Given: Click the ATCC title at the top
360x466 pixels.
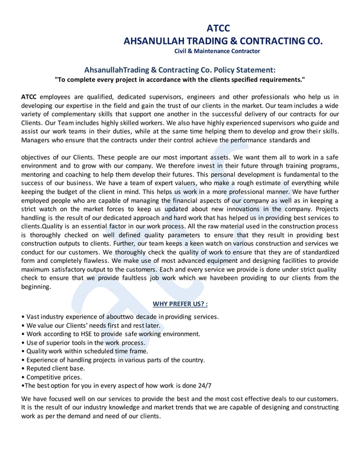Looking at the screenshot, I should [218, 28].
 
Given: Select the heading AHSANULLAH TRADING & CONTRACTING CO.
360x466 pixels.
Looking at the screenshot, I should [223, 41].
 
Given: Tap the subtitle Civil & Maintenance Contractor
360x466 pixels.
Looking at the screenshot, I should [217, 51].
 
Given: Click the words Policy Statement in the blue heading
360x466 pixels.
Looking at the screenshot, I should [249, 70].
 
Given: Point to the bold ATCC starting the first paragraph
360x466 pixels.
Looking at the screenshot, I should [29, 96].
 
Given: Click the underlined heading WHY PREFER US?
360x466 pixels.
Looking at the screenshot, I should [180, 304].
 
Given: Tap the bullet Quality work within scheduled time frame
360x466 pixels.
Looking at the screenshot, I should [84, 351].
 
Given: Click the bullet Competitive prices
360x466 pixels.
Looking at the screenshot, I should [51, 377].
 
